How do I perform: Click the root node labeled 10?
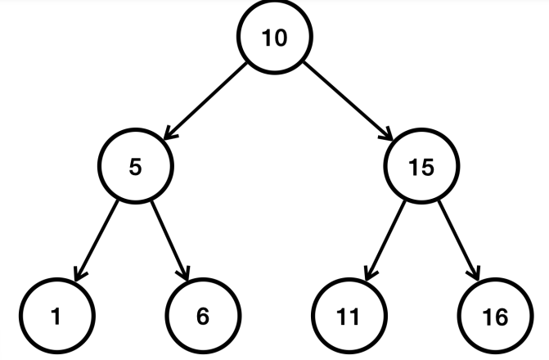pos(275,37)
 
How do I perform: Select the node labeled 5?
pos(136,166)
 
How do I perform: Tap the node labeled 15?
pos(421,166)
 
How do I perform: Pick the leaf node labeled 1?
pos(57,316)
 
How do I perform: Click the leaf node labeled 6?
pos(203,316)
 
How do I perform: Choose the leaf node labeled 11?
pos(349,316)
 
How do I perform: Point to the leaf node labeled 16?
pos(496,316)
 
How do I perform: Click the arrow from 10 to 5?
pos(205,101)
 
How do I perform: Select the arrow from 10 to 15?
pos(348,101)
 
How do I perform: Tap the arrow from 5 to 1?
pos(97,241)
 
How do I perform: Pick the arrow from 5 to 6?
pos(170,241)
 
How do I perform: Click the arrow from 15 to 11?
pos(385,241)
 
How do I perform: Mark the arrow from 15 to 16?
pos(459,241)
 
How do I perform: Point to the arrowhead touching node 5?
pos(170,133)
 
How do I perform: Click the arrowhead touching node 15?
pos(386,134)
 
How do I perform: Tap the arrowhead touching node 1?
pos(80,274)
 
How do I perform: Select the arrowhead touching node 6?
pos(184,274)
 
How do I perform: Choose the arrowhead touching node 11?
pos(371,274)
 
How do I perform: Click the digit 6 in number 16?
pos(502,317)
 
